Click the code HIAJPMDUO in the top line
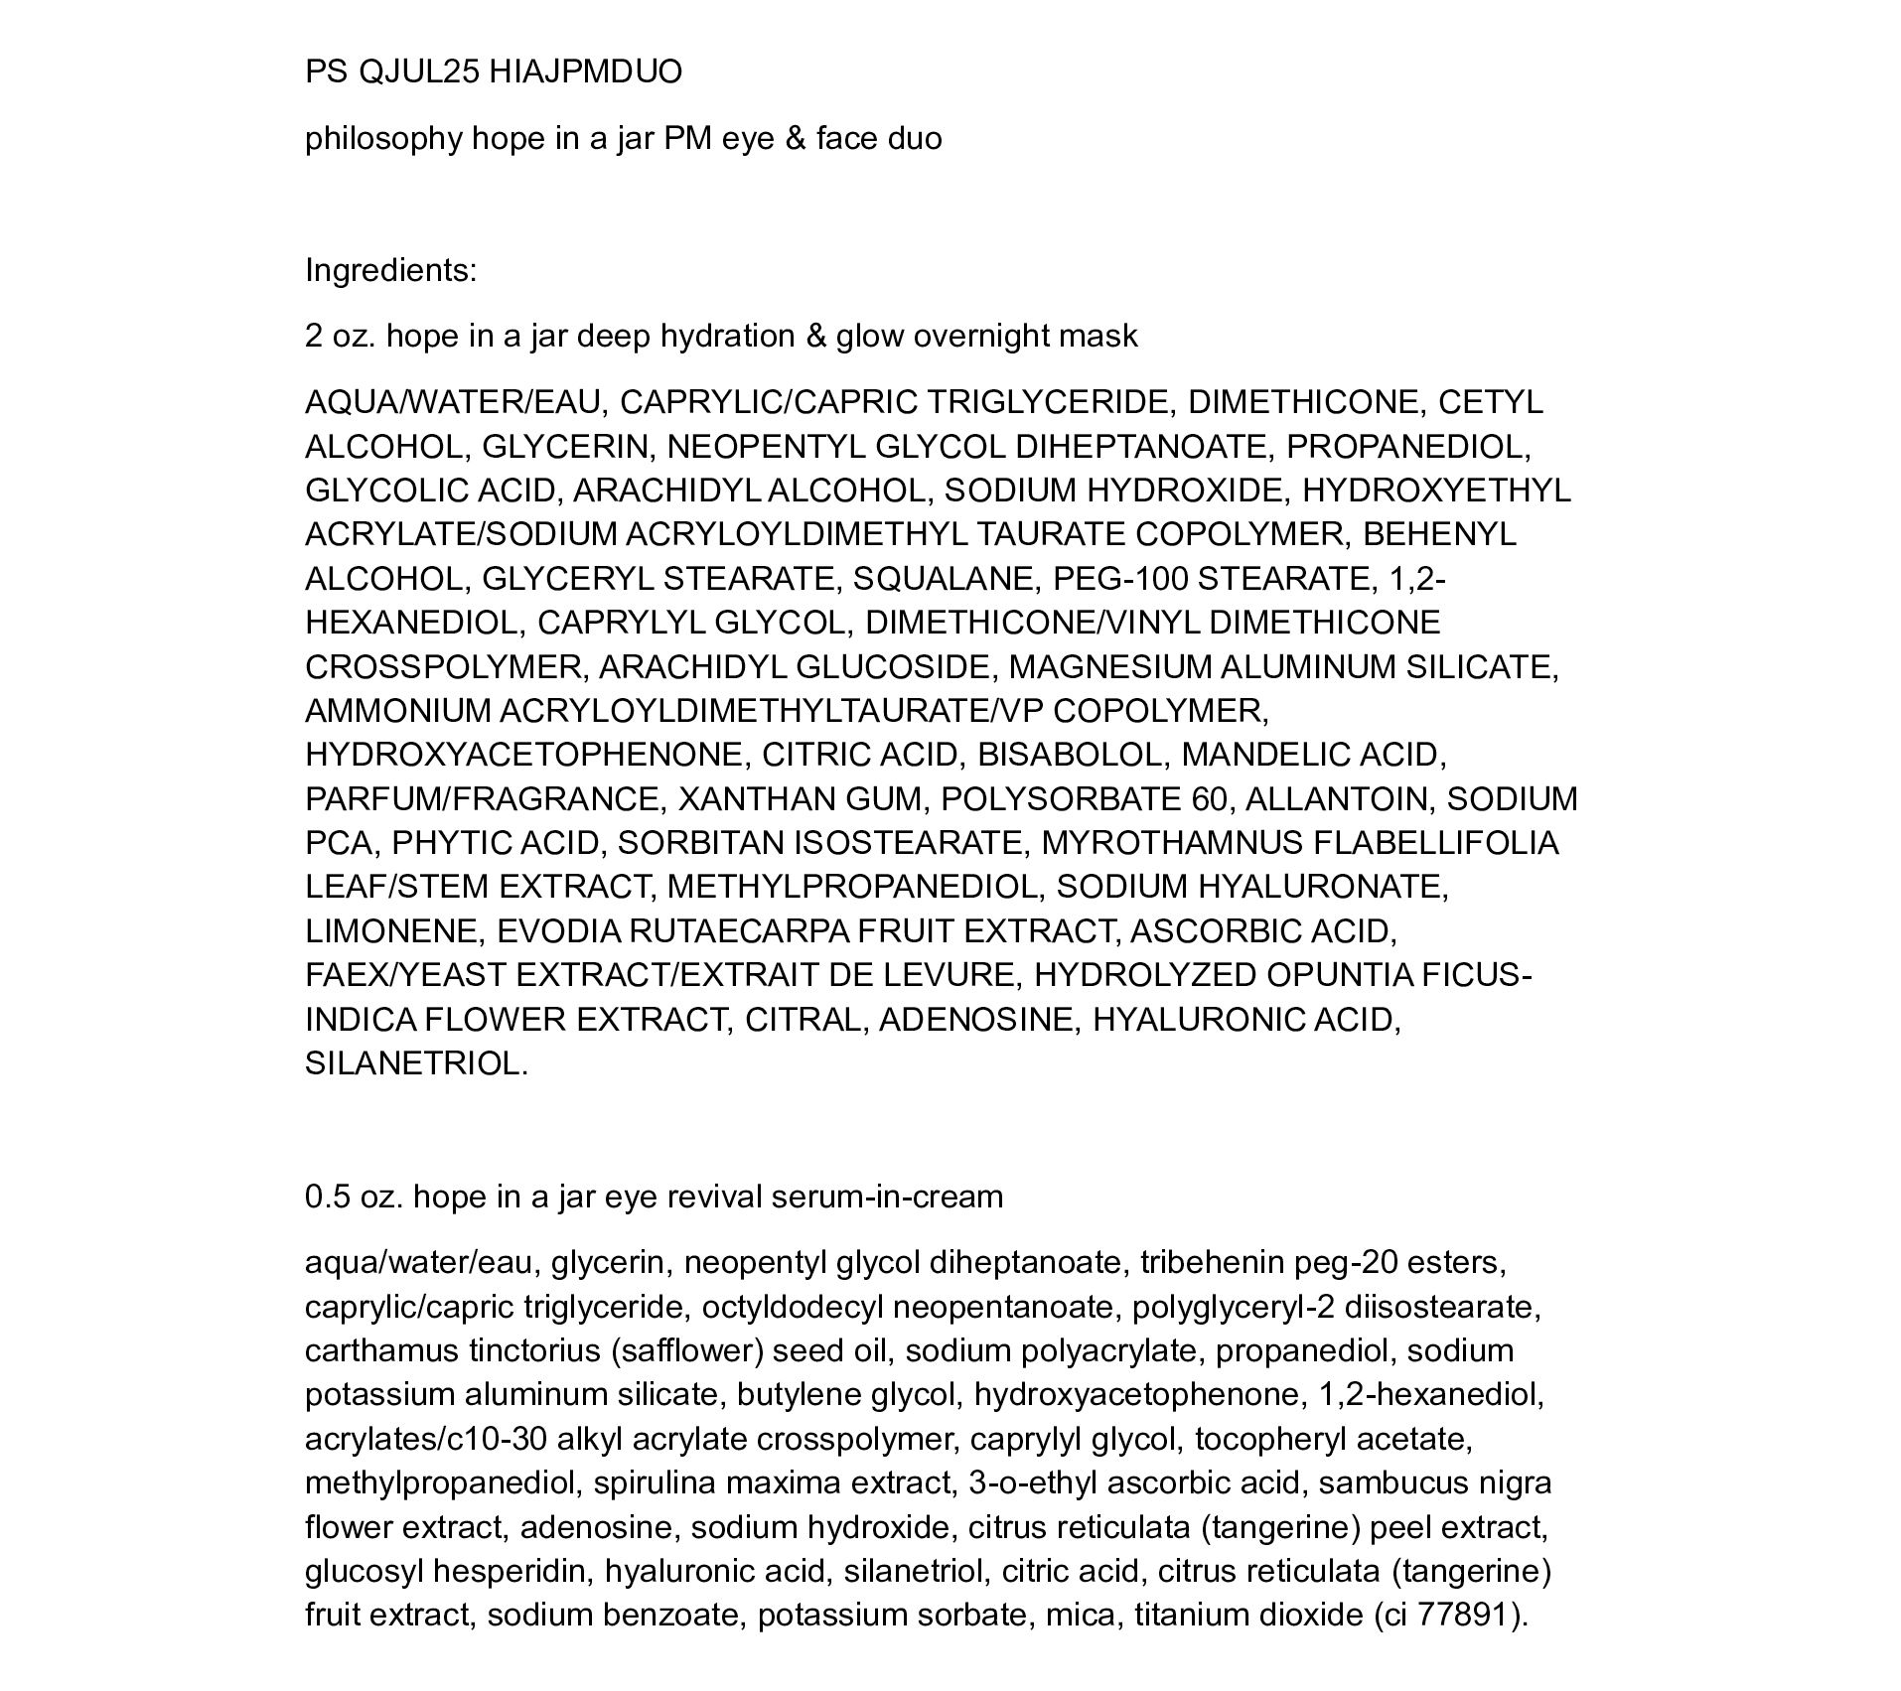point(586,72)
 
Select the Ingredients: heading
point(390,271)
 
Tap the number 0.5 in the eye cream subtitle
point(328,1198)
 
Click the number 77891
point(1460,1616)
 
